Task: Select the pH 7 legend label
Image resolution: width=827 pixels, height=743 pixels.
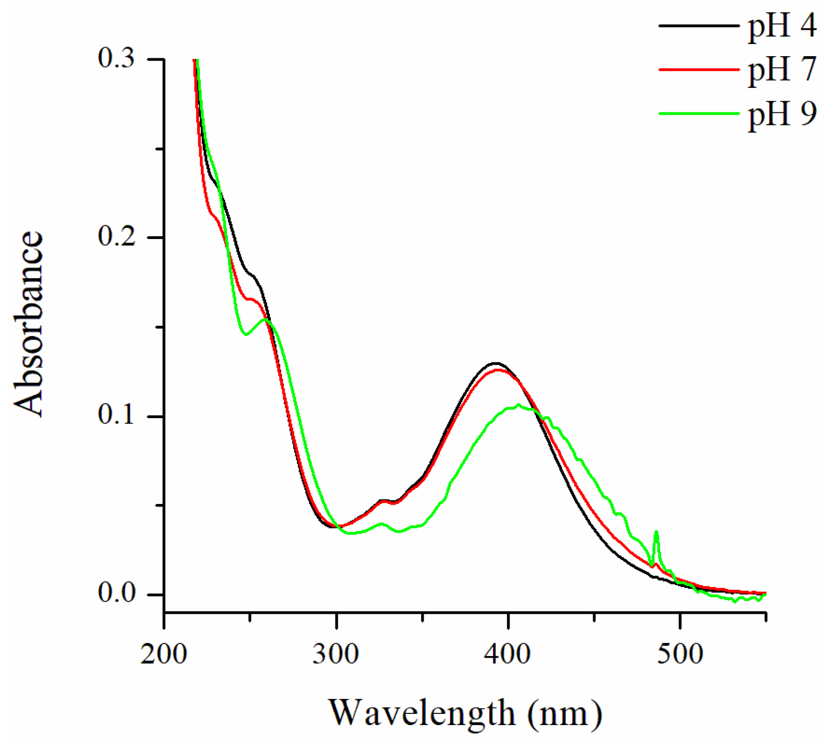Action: coord(782,70)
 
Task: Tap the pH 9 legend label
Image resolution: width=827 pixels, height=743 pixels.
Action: coord(782,114)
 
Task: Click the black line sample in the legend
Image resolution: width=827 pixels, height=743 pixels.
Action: coord(699,25)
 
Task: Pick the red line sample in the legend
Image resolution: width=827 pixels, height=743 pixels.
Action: coord(699,69)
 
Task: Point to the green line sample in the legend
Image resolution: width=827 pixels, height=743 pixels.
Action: coord(699,113)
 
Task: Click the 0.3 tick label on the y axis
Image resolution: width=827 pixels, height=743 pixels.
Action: coord(117,58)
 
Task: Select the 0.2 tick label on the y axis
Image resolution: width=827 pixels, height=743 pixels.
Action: coord(117,237)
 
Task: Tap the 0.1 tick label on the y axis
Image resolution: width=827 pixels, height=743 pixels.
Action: coord(117,415)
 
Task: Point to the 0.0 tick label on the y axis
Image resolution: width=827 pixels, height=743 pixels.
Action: coord(117,594)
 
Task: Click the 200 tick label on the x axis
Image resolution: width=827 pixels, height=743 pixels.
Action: coord(164,654)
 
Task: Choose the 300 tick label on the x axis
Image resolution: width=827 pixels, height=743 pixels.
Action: coord(336,654)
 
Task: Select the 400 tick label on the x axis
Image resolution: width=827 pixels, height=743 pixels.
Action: coord(508,654)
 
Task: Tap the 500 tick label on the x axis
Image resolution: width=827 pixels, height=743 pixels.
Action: coord(680,654)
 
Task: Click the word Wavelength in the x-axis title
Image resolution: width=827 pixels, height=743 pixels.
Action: coord(421,713)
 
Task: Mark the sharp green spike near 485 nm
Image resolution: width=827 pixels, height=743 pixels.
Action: coord(656,532)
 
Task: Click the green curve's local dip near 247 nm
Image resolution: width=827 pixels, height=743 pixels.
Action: coord(245,334)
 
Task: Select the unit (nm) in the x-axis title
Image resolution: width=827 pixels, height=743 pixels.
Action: coord(565,713)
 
